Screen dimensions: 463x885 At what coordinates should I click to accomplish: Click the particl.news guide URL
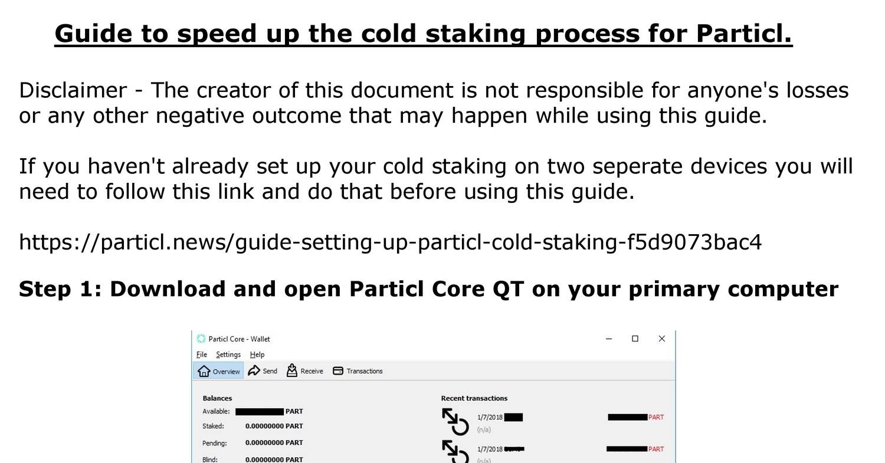pos(390,242)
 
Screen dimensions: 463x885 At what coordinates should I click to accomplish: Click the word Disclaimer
pos(73,91)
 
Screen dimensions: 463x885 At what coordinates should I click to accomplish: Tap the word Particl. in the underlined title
pos(744,34)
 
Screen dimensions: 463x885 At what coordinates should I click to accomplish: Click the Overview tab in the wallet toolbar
pos(219,371)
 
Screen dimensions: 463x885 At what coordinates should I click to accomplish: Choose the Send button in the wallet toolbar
pos(263,371)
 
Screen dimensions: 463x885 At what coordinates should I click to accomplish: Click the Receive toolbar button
pos(305,371)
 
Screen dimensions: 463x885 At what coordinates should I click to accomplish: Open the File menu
pos(201,354)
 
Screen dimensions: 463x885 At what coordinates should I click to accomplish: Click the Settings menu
pos(228,354)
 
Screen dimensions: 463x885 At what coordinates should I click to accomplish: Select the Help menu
pos(257,354)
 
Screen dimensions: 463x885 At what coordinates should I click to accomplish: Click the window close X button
pos(661,339)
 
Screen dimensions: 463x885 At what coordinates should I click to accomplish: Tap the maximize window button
pos(635,339)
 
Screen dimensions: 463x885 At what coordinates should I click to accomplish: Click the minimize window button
pos(609,339)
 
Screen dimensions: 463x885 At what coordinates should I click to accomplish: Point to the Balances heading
pos(217,398)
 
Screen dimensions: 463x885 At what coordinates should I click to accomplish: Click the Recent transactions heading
pos(474,398)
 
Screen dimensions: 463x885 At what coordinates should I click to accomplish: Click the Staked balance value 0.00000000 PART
pos(274,426)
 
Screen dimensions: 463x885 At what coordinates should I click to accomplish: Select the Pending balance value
pos(274,443)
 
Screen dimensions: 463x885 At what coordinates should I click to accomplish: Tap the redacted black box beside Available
pos(259,412)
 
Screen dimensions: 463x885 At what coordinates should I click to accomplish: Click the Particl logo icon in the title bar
pos(201,339)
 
